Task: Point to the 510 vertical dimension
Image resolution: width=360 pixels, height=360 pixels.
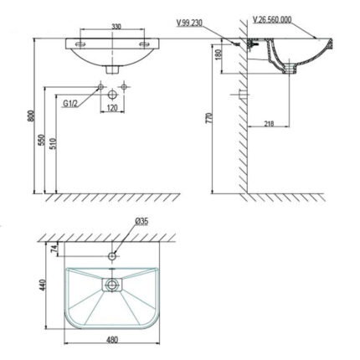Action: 55,143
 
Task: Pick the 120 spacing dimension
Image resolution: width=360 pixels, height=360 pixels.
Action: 111,108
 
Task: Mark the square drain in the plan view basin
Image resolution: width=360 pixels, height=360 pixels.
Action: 111,285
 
